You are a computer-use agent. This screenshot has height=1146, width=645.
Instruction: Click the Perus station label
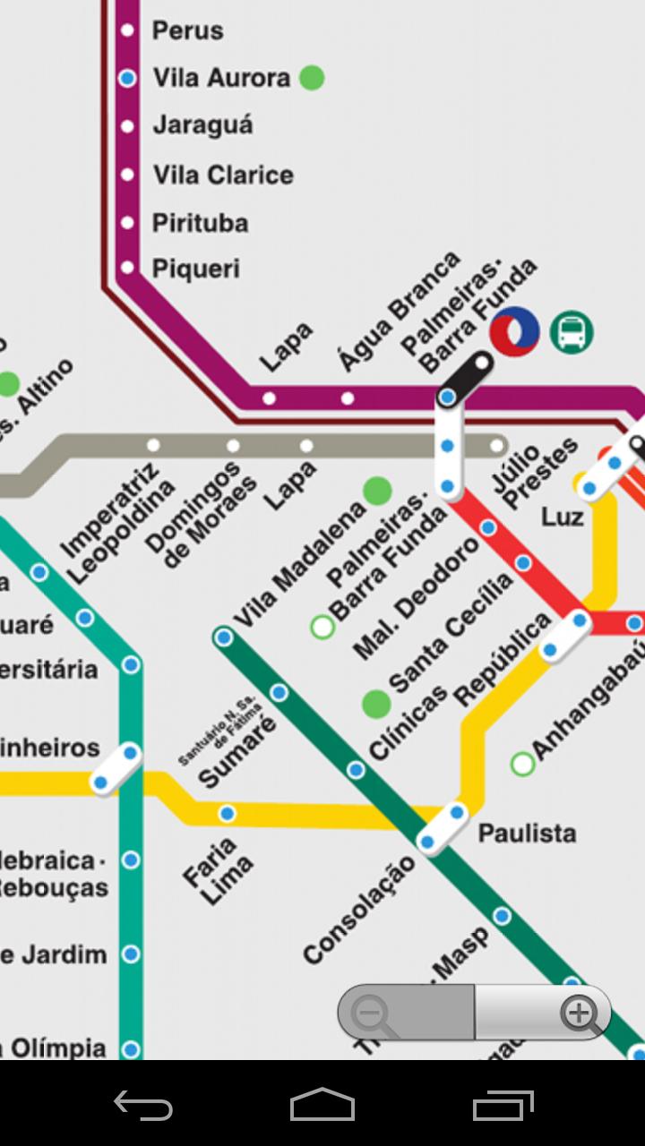(x=187, y=30)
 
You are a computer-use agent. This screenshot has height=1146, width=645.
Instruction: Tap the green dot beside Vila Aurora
(x=311, y=78)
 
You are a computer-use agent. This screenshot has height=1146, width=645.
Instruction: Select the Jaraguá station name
(x=202, y=125)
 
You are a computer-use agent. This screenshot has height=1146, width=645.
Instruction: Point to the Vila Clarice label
(x=223, y=175)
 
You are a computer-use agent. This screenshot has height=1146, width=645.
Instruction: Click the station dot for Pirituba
(x=128, y=222)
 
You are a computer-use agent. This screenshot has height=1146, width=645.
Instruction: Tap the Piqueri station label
(x=196, y=269)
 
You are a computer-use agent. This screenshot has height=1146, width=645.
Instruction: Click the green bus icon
(x=572, y=333)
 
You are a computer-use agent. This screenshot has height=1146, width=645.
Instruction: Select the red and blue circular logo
(x=514, y=331)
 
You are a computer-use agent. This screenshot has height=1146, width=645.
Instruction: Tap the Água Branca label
(x=399, y=312)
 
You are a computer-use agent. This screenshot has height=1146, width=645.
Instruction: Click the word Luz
(x=563, y=517)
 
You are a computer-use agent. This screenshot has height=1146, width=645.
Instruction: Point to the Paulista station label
(x=527, y=834)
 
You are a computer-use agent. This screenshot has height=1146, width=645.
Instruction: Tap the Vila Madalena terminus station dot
(x=224, y=637)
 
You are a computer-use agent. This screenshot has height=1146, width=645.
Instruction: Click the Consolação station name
(x=358, y=909)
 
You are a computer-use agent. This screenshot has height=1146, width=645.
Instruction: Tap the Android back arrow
(x=143, y=1105)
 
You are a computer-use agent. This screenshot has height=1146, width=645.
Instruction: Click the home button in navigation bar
(x=322, y=1105)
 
